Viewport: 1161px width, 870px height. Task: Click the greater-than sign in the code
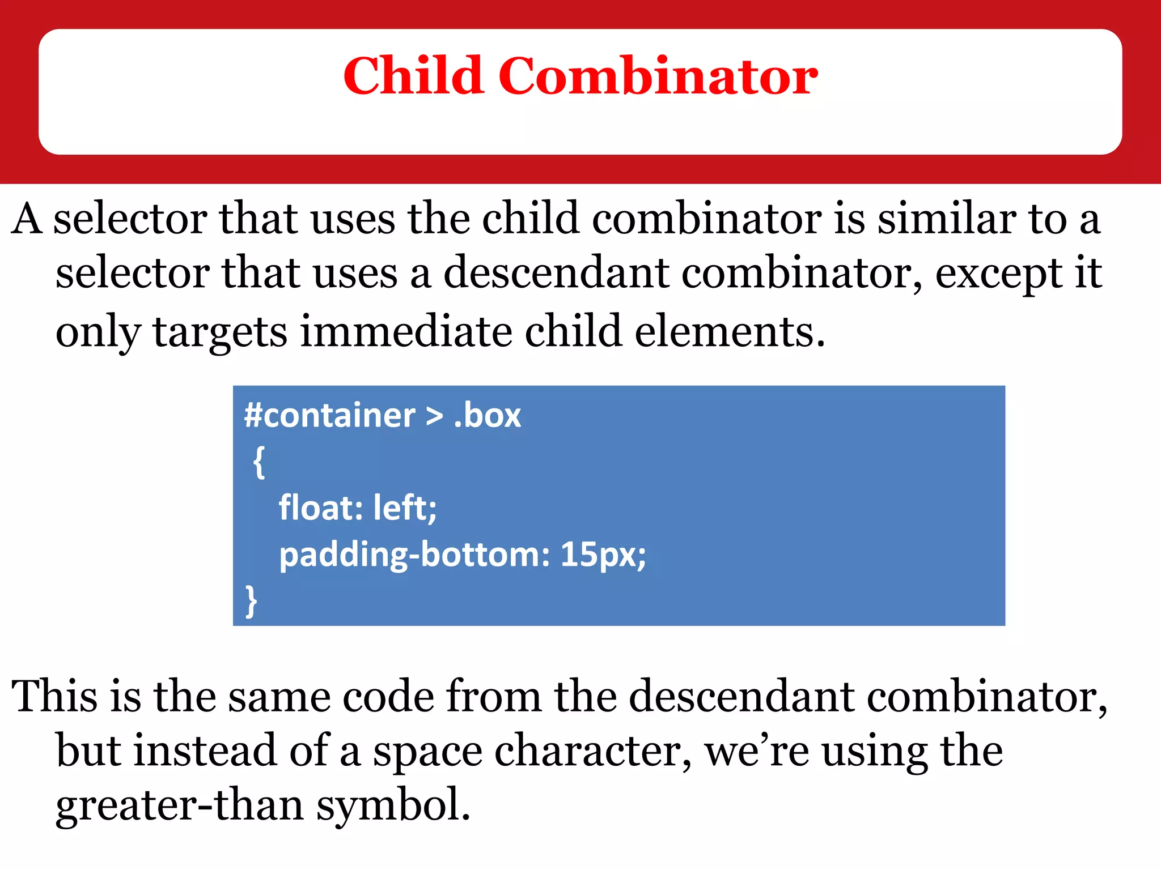[434, 416]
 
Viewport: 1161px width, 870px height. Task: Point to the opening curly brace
[259, 462]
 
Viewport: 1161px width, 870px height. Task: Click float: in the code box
[320, 507]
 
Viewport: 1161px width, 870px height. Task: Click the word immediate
[406, 331]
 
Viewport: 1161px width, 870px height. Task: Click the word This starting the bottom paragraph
[54, 696]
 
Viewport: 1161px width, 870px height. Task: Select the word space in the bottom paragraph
[427, 752]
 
